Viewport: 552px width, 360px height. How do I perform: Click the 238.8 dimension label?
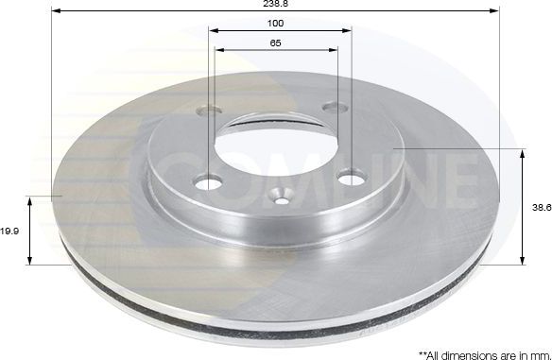(275, 4)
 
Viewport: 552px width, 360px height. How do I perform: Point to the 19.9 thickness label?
(10, 229)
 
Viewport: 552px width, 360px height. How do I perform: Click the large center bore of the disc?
(273, 151)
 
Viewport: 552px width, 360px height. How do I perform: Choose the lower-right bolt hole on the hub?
(352, 175)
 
